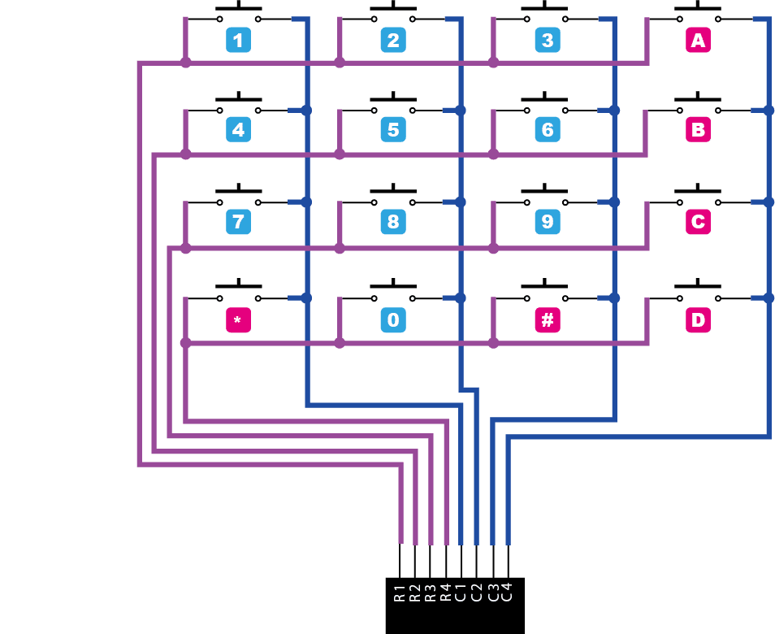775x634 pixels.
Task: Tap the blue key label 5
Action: point(393,130)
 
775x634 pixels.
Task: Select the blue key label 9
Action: point(548,222)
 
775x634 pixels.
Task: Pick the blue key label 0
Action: point(393,320)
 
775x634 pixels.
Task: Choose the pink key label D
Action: point(698,320)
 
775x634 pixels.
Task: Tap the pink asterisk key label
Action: point(238,320)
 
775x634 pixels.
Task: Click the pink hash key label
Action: point(548,320)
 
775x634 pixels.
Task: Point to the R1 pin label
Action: point(400,592)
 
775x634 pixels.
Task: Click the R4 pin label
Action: point(446,592)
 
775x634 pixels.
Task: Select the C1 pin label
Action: point(461,592)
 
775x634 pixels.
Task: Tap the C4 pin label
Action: point(508,592)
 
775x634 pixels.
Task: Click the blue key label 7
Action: point(238,222)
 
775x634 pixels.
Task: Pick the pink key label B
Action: point(698,130)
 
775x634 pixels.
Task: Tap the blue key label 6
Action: point(548,130)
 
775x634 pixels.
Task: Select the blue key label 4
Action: point(238,130)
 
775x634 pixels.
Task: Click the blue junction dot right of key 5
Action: point(461,110)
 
